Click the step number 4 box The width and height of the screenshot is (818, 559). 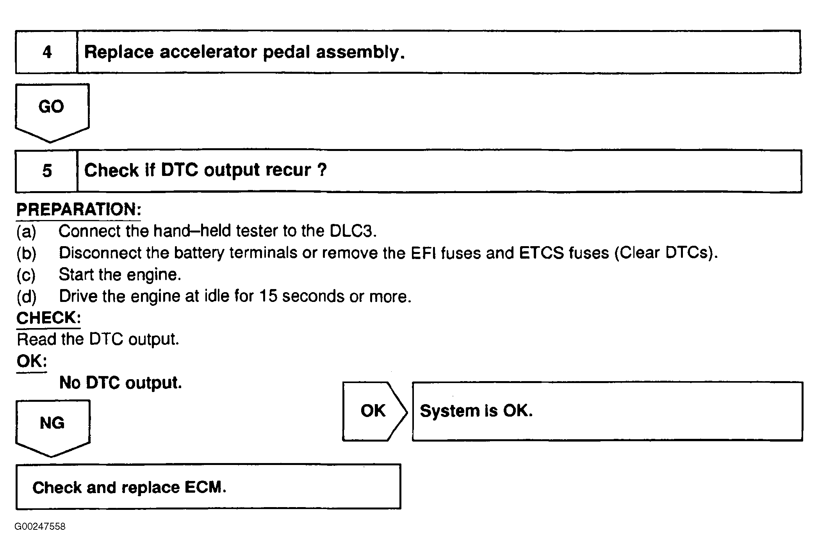(x=46, y=52)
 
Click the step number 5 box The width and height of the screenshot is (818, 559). (x=46, y=171)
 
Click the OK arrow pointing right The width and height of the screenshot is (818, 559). (x=374, y=411)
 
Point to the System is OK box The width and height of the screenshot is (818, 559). (x=607, y=411)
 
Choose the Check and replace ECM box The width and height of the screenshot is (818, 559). (x=208, y=487)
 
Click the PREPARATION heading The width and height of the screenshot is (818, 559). (x=78, y=210)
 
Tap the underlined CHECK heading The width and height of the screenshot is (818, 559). (x=48, y=318)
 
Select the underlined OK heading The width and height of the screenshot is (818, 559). (x=32, y=362)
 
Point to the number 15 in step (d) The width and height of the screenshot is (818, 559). (x=268, y=296)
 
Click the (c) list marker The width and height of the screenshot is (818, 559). (x=26, y=275)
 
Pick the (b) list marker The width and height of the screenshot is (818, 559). (x=26, y=254)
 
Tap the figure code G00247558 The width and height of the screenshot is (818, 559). (x=40, y=527)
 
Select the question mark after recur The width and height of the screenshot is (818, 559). (x=322, y=170)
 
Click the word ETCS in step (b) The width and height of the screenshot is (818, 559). (x=542, y=253)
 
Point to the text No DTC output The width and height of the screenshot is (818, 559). (x=121, y=383)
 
